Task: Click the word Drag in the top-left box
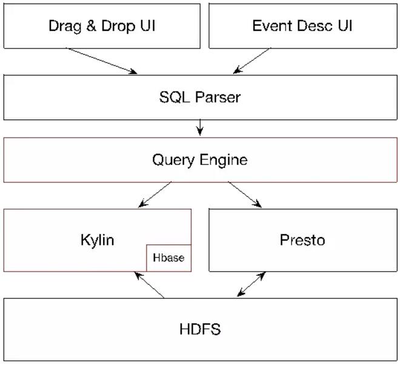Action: [65, 26]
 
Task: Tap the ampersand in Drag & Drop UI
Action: [92, 25]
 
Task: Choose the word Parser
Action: [218, 97]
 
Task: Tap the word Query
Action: [173, 160]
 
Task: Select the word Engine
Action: [224, 160]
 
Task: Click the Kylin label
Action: [98, 240]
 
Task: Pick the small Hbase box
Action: [169, 258]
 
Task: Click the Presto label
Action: [302, 240]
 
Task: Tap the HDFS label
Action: [200, 329]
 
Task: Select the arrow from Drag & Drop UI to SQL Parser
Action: [102, 61]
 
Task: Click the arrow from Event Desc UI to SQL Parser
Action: [252, 61]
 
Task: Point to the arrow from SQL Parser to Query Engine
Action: [200, 127]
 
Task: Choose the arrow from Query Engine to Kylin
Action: [155, 194]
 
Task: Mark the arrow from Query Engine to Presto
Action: [245, 194]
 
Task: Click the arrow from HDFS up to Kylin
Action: [149, 285]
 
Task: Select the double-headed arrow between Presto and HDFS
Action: [251, 284]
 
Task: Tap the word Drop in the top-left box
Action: [118, 26]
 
